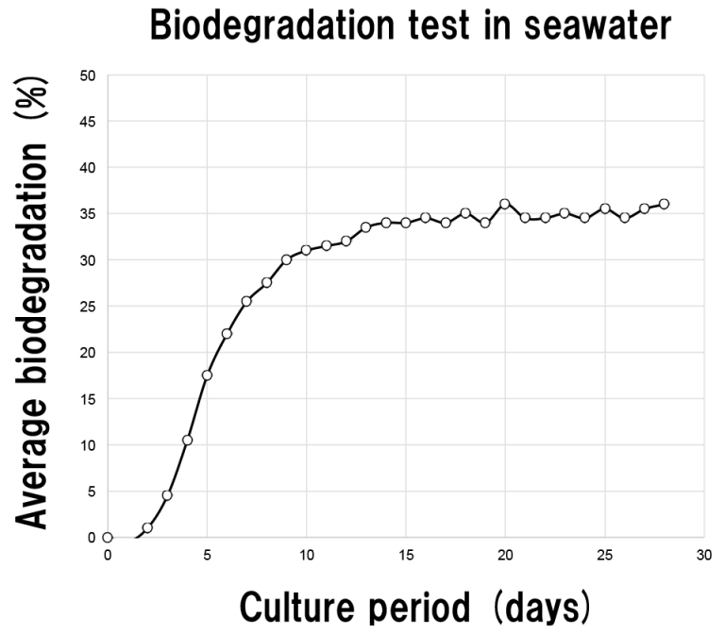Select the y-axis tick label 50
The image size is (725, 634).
click(x=90, y=75)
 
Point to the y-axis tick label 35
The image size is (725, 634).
click(x=90, y=213)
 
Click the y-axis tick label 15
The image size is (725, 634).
click(x=90, y=398)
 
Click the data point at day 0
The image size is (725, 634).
click(x=108, y=537)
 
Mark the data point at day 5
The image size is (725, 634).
click(x=207, y=375)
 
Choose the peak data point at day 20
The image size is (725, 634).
click(x=505, y=204)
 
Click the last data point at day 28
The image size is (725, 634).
click(x=664, y=204)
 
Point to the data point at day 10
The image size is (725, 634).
click(x=306, y=250)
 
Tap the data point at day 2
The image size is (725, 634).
click(x=147, y=527)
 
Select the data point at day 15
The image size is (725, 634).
click(x=406, y=223)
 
